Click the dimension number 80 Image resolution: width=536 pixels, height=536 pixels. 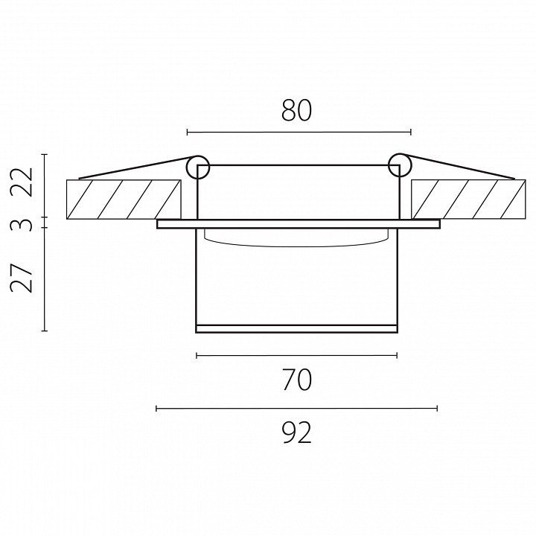point(296,110)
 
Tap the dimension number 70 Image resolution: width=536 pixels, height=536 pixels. point(296,380)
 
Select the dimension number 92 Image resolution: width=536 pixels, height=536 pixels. point(297,433)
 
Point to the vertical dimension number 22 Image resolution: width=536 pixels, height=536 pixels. point(22,182)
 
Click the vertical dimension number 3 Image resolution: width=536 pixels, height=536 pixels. point(22,226)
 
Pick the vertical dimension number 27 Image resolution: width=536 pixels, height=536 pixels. point(22,278)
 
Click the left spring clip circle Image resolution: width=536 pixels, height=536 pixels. point(197,167)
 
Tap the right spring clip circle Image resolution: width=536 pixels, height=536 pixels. point(400,165)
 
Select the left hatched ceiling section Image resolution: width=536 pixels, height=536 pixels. point(124,200)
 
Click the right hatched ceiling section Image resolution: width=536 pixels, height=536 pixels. point(469,200)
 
